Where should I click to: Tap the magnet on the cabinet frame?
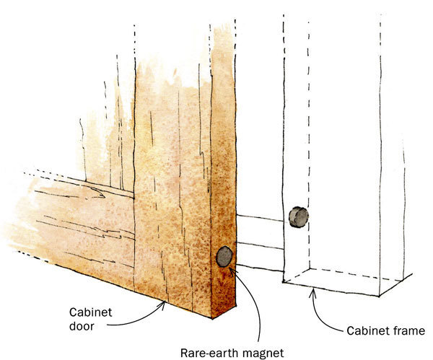[x=297, y=216]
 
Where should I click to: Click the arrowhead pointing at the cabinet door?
[x=166, y=304]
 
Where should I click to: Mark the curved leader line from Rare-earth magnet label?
[x=249, y=296]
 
